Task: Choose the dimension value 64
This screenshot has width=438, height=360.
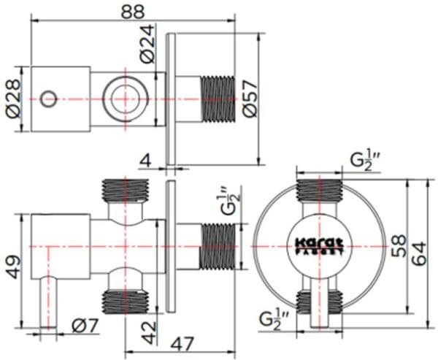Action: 418,248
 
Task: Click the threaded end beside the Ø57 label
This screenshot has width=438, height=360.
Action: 216,97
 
